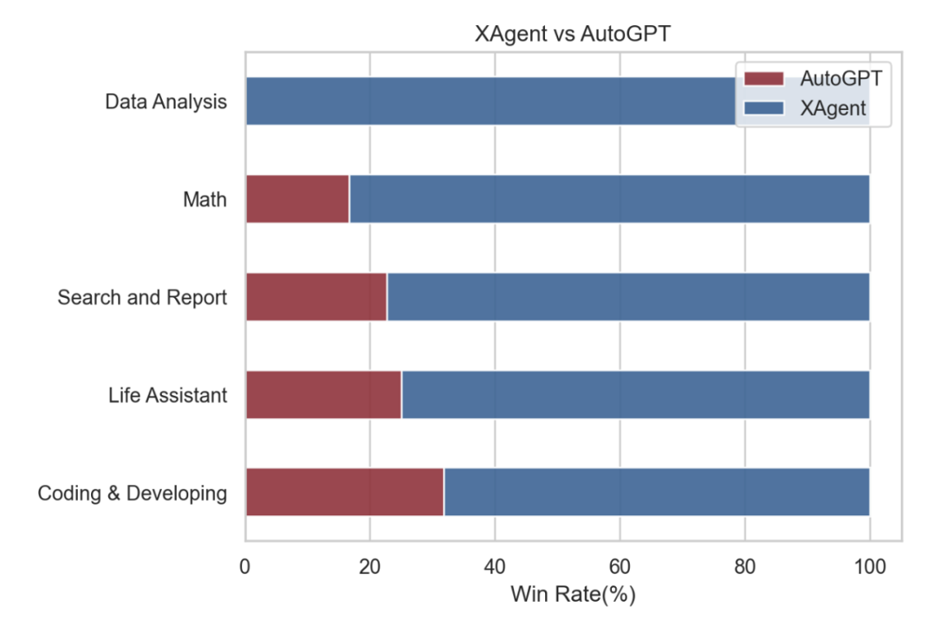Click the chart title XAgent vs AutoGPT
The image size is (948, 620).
pyautogui.click(x=573, y=35)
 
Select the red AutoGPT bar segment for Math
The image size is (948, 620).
pyautogui.click(x=297, y=199)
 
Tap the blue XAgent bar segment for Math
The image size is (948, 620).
pyautogui.click(x=608, y=199)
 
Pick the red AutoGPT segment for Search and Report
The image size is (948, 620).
pyautogui.click(x=316, y=297)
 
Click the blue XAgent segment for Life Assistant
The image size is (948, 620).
pyautogui.click(x=634, y=395)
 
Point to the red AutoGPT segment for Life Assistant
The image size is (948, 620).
pyautogui.click(x=323, y=395)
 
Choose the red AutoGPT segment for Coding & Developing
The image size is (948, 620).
pyautogui.click(x=344, y=493)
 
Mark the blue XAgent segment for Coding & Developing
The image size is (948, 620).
pyautogui.click(x=656, y=493)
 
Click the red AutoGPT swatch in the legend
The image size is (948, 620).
pyautogui.click(x=763, y=79)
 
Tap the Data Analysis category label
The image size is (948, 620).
pyautogui.click(x=166, y=101)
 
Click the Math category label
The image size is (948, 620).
pyautogui.click(x=205, y=200)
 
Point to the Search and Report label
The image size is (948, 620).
pyautogui.click(x=142, y=298)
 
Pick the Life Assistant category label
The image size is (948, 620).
pyautogui.click(x=167, y=396)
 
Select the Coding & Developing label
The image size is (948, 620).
pyautogui.click(x=133, y=494)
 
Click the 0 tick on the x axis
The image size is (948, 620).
pyautogui.click(x=245, y=567)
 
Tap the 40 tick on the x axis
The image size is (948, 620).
pyautogui.click(x=495, y=567)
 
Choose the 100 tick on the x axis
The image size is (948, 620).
pyautogui.click(x=869, y=567)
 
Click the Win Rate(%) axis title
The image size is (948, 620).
pyautogui.click(x=573, y=595)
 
